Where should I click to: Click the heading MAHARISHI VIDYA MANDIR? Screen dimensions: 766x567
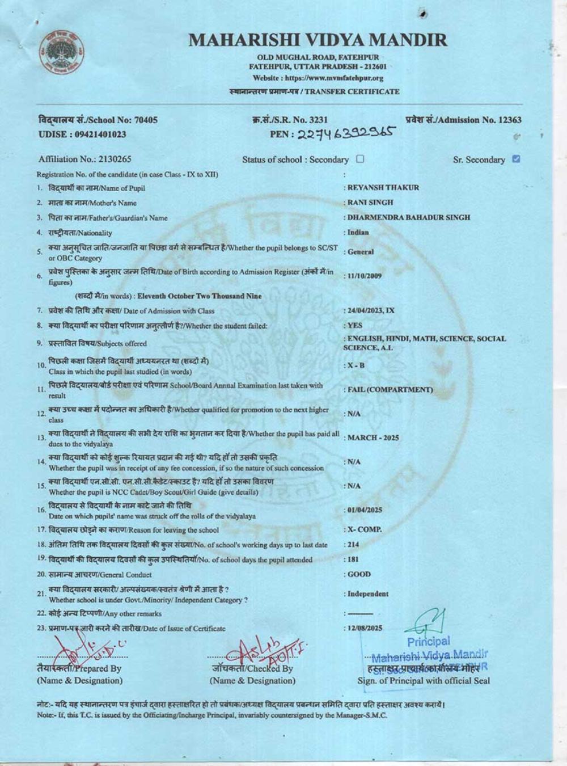coord(318,40)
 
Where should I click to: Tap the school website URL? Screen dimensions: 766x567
coord(318,78)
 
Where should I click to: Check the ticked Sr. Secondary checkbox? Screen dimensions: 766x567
coord(515,159)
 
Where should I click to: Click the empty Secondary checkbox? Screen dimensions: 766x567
coord(360,159)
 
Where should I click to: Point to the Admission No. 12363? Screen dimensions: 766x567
coord(464,120)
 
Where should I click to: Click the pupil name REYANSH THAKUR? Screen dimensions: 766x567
coord(383,188)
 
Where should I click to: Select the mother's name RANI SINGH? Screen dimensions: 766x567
coord(370,203)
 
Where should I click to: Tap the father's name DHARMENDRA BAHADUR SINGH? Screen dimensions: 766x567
coord(408,217)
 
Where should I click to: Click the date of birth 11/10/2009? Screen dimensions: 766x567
coord(365,276)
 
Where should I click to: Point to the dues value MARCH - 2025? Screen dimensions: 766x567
coord(373,438)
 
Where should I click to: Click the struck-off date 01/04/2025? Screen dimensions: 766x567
coord(365,510)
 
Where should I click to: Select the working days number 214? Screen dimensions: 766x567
coord(354,545)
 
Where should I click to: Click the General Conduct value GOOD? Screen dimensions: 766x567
coord(359,574)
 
